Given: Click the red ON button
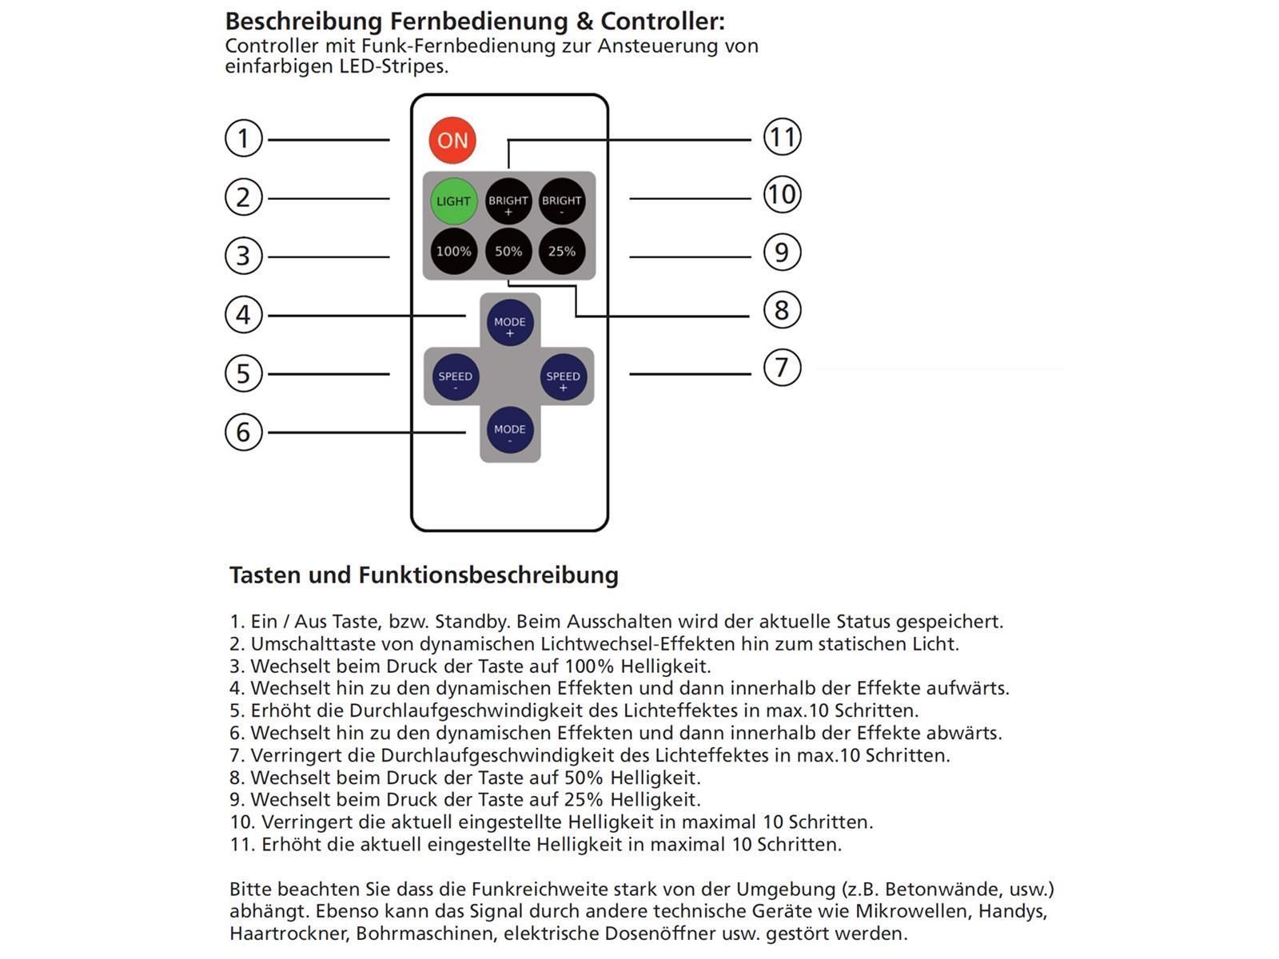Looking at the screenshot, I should click(x=452, y=141).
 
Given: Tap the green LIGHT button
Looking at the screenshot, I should click(x=453, y=201).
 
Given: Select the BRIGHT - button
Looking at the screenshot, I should click(x=561, y=201).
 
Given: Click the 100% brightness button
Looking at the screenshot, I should click(x=453, y=251).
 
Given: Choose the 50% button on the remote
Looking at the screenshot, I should click(x=508, y=251).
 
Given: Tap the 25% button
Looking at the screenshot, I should click(x=561, y=251).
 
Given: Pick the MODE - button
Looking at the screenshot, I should click(x=510, y=431).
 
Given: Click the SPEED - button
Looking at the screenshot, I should click(x=456, y=377).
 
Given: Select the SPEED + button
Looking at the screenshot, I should click(x=563, y=377).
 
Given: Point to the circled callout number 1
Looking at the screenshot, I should click(x=244, y=139).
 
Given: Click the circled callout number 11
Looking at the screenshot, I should click(x=782, y=137).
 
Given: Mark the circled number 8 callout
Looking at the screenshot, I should click(x=782, y=310).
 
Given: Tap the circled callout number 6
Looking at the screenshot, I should click(x=244, y=432).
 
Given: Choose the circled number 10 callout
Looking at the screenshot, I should click(x=782, y=195).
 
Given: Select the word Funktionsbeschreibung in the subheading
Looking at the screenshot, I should click(x=488, y=575).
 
